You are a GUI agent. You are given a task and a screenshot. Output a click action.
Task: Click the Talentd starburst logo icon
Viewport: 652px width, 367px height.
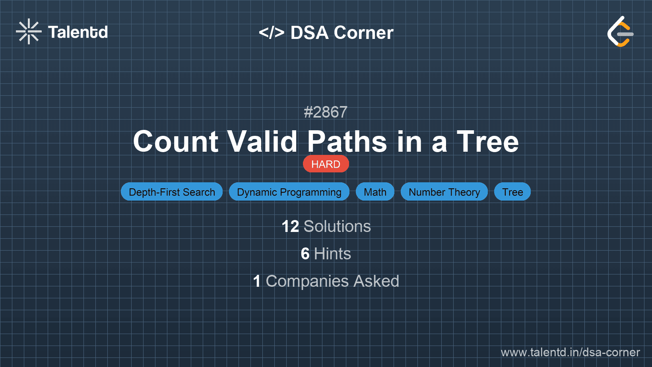click(x=29, y=31)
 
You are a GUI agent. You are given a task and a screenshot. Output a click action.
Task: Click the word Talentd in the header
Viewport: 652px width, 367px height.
click(x=78, y=32)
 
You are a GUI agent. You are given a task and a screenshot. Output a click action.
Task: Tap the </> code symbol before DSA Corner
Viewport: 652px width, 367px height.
click(x=272, y=33)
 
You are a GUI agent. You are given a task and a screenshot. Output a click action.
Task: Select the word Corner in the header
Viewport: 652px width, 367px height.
click(x=364, y=33)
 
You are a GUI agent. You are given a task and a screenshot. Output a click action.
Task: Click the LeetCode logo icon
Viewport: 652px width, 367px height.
click(x=620, y=32)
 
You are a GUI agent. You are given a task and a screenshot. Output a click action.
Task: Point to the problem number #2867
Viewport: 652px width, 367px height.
click(x=326, y=112)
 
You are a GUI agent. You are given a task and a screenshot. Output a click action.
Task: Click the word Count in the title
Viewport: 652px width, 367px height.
click(x=176, y=141)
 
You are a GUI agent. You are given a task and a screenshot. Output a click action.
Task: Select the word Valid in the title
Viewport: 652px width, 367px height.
click(x=262, y=141)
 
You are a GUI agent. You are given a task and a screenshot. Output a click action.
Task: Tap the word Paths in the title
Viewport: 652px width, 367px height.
click(x=347, y=141)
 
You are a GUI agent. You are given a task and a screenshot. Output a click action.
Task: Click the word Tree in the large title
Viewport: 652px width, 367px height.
click(x=487, y=141)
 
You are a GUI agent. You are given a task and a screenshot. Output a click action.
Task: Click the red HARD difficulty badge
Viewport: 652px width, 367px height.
click(x=326, y=164)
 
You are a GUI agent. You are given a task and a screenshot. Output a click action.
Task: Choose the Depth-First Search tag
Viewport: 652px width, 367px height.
click(x=172, y=192)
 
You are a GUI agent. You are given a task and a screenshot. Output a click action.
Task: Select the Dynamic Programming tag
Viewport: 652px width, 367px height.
click(x=289, y=192)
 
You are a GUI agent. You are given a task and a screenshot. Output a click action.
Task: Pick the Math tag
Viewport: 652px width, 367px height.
click(x=375, y=192)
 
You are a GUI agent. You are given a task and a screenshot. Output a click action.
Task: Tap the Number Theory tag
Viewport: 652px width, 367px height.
click(x=444, y=192)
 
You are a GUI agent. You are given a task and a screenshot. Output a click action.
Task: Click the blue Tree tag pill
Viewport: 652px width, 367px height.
click(x=512, y=192)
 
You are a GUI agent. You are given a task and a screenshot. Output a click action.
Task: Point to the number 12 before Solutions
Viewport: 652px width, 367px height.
click(x=290, y=226)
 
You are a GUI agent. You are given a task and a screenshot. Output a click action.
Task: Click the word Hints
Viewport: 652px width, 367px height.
click(x=332, y=254)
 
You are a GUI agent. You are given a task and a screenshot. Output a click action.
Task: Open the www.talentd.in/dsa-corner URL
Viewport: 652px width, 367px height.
click(x=570, y=352)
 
